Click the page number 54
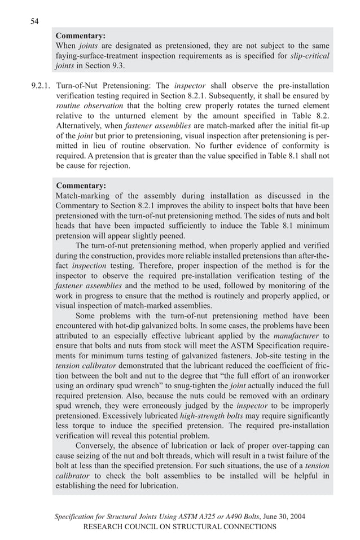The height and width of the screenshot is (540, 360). [34, 21]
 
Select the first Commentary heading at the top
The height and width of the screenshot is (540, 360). [81, 36]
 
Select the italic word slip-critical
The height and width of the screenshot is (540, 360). [310, 55]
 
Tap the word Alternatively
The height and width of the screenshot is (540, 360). [82, 126]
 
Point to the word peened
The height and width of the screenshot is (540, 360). [170, 236]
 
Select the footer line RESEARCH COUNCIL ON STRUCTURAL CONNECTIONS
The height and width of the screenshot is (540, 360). [179, 526]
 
